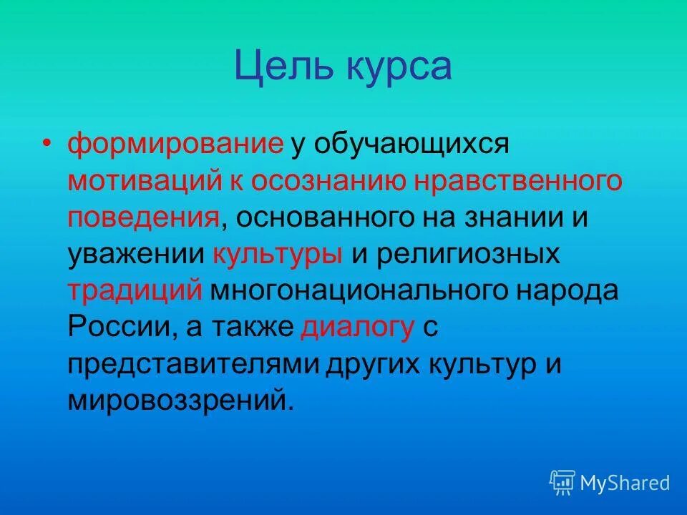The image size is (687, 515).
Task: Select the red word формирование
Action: (x=175, y=143)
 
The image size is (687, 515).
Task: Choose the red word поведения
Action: (x=143, y=217)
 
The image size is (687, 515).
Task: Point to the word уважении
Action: (x=135, y=255)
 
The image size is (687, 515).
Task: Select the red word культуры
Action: (x=277, y=255)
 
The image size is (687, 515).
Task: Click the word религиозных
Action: (x=467, y=255)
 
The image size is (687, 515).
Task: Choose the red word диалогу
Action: (x=358, y=328)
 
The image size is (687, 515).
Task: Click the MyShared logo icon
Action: (x=562, y=483)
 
